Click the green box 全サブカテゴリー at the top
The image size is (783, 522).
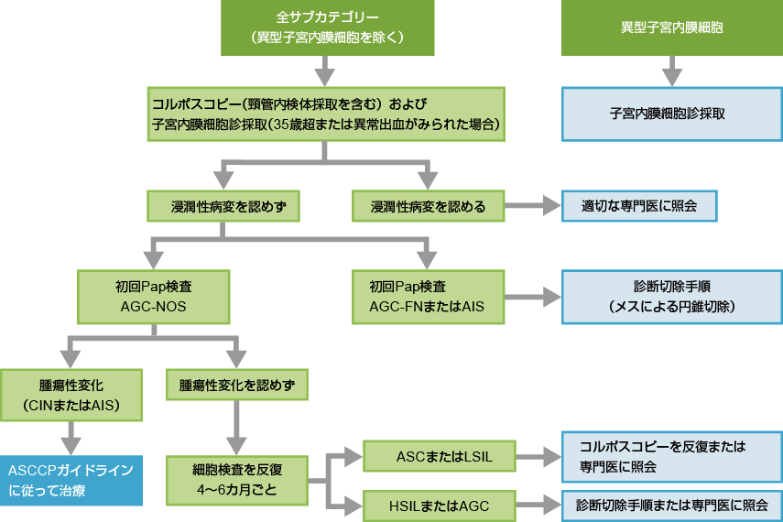327,27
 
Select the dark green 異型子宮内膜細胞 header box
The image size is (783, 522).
672,27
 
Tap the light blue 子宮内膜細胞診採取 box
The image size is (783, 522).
672,114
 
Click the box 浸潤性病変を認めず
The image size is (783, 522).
223,206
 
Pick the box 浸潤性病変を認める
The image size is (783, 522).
428,206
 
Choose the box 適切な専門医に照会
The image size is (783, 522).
638,206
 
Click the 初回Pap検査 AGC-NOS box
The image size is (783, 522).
153,296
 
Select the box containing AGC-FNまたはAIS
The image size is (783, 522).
428,296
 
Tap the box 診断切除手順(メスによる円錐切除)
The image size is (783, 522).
672,296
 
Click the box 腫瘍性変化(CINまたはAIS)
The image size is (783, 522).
72,395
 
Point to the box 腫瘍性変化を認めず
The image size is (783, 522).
236,385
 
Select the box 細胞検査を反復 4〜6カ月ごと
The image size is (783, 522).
236,479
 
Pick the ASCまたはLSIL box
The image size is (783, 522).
440,455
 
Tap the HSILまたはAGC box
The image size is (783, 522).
440,504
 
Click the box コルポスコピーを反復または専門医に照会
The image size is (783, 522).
672,456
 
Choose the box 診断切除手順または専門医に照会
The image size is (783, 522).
672,504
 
